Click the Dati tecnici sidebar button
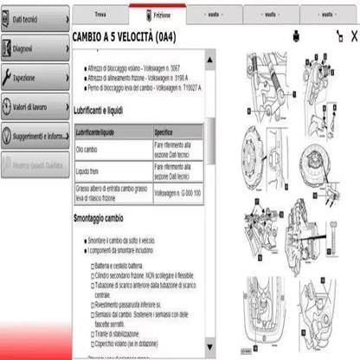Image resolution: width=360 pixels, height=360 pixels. tap(35, 18)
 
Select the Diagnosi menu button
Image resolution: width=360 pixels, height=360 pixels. tap(35, 49)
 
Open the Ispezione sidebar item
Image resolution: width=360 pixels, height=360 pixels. tap(35, 78)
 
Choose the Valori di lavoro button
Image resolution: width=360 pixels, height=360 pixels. tap(35, 107)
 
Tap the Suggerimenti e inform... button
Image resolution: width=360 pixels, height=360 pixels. tap(35, 136)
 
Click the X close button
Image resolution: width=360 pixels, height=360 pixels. tap(353, 35)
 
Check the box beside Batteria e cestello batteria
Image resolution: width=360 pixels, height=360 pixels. tap(93, 267)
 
